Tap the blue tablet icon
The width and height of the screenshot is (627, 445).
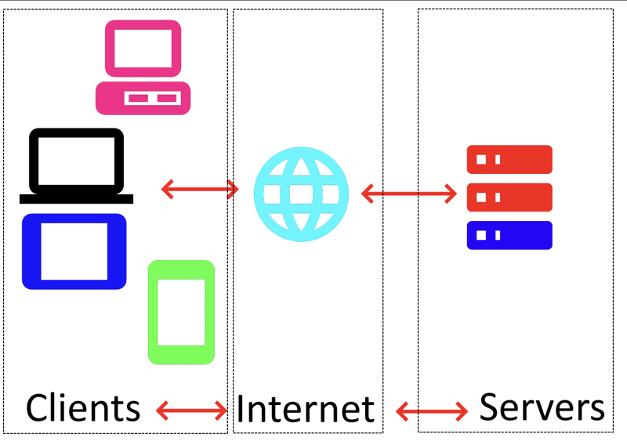pyautogui.click(x=74, y=251)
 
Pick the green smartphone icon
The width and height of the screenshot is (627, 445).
pyautogui.click(x=181, y=312)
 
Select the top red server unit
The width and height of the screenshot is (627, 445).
pyautogui.click(x=509, y=159)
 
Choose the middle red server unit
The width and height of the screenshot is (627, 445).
pyautogui.click(x=509, y=197)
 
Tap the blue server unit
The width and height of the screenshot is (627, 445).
pyautogui.click(x=509, y=235)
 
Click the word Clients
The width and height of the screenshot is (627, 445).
pyautogui.click(x=83, y=408)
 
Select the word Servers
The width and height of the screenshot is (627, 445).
pyautogui.click(x=542, y=407)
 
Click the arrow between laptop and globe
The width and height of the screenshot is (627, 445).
pyautogui.click(x=200, y=189)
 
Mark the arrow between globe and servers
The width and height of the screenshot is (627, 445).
pyautogui.click(x=408, y=193)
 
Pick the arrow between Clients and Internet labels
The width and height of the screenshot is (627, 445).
pyautogui.click(x=192, y=409)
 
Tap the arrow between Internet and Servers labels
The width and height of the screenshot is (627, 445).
pyautogui.click(x=432, y=410)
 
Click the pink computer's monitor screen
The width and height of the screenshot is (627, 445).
pyautogui.click(x=143, y=49)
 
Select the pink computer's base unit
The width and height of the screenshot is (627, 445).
pyautogui.click(x=143, y=98)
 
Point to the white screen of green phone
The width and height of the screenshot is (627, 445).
pyautogui.click(x=181, y=311)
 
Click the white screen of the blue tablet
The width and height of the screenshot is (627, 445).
pyautogui.click(x=74, y=251)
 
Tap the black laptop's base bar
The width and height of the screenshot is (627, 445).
pyautogui.click(x=77, y=199)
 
